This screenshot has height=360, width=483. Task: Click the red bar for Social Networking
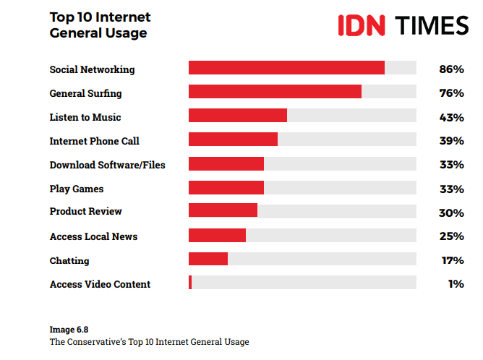pos(286,68)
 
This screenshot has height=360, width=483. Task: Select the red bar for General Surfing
pos(275,92)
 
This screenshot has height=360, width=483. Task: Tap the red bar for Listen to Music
pos(238,116)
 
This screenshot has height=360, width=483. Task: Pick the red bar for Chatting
pos(208,259)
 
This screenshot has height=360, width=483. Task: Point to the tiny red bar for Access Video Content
pos(190,283)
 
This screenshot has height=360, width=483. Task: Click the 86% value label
pos(451,69)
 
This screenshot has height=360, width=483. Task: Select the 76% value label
pos(451,93)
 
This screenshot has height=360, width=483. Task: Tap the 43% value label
pos(451,117)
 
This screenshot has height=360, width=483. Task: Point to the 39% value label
pos(451,141)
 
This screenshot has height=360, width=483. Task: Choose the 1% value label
pos(456,284)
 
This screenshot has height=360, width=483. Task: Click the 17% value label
pos(452,260)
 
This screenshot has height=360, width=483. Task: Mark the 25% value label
pos(451,236)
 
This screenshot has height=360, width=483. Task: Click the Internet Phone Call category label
pos(94,141)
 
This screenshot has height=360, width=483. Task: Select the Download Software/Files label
pos(107,165)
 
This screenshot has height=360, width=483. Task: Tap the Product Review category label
pos(85,211)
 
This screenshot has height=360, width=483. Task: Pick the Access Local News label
pos(93,236)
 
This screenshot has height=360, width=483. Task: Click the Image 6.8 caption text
pos(69,329)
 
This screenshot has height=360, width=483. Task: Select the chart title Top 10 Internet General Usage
pos(100,25)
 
